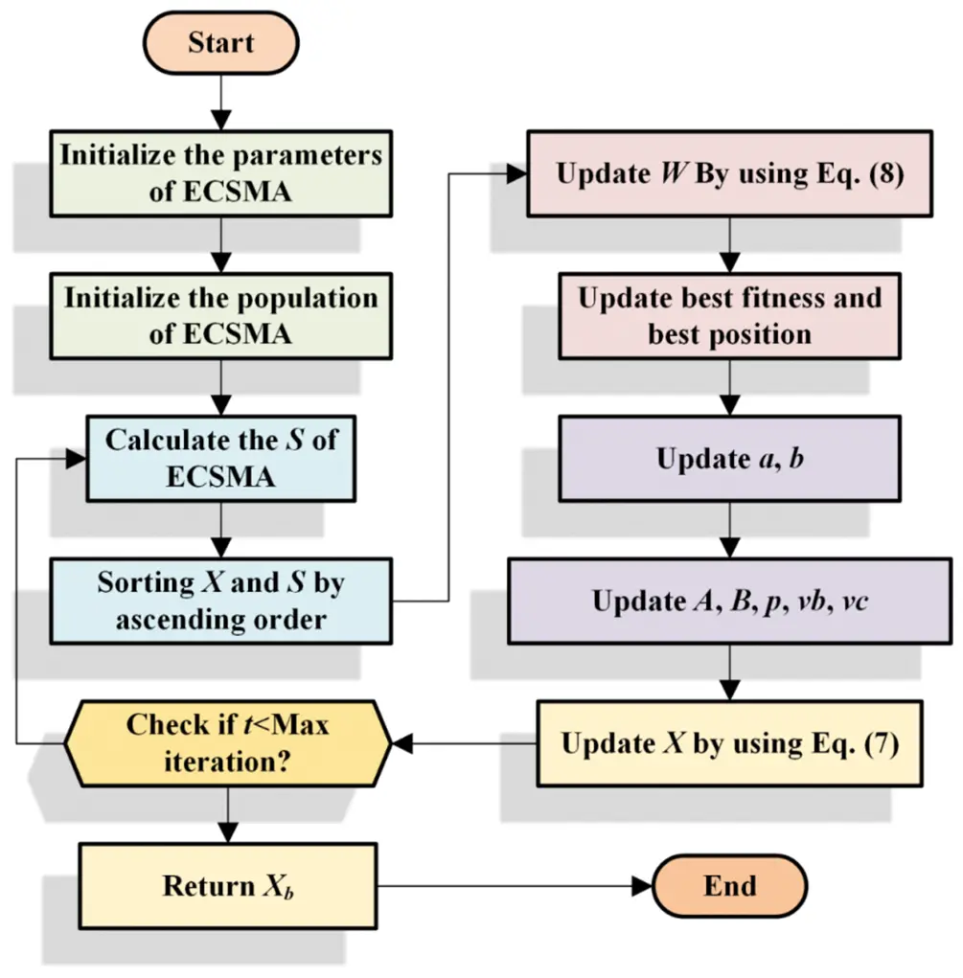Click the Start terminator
221,43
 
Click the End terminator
729,886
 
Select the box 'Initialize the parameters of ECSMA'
221,173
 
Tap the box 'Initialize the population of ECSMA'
221,316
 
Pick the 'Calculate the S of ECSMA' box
221,458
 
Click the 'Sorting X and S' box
221,601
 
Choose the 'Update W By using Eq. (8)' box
729,175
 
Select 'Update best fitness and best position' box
729,316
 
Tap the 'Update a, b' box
729,458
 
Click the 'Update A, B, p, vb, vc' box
729,602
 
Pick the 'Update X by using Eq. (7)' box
729,744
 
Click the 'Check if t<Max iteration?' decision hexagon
228,742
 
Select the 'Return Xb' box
227,886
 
